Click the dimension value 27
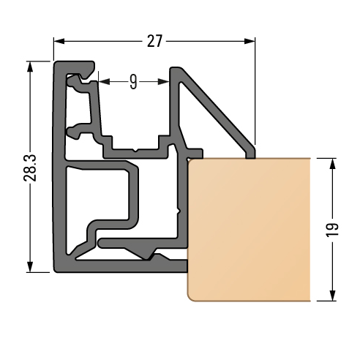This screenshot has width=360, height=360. click(154, 41)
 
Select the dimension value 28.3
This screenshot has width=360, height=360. click(30, 168)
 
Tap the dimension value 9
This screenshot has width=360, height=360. click(133, 82)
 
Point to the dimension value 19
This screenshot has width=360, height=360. click(332, 230)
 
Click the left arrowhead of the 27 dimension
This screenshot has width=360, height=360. click(59, 41)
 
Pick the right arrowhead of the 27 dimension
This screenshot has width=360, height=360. click(250, 41)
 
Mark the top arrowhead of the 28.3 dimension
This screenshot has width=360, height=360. click(30, 67)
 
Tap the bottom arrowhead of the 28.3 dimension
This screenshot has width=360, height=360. click(30, 266)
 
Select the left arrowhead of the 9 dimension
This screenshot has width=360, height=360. click(104, 82)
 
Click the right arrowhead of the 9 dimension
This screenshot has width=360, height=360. click(163, 82)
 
